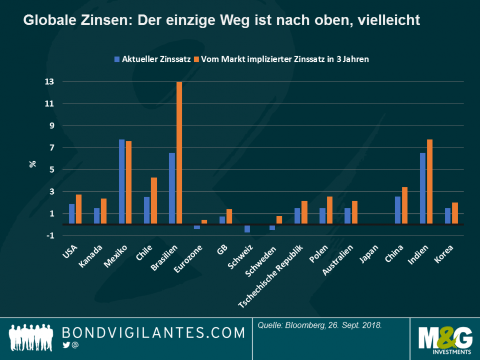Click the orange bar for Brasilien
click(179, 153)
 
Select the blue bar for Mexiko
click(122, 182)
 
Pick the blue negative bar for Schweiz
click(247, 229)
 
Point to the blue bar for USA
click(72, 214)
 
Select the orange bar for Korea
click(454, 213)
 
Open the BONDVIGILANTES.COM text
click(153, 333)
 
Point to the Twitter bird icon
click(66, 345)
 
